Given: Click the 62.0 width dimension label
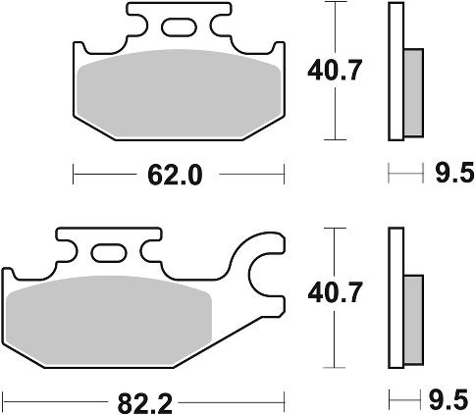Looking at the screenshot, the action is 175,175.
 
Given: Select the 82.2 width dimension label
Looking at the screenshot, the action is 145,403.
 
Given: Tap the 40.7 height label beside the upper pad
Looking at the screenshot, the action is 335,71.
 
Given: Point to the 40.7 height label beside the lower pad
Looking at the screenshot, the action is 335,292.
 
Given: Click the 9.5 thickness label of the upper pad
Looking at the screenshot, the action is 454,173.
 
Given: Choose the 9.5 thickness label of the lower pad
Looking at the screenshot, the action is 450,399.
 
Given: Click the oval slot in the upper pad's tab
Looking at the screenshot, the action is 179,27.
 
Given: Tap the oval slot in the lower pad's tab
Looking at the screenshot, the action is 109,253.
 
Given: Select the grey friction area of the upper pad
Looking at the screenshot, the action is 180,93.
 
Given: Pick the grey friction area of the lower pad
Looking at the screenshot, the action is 109,321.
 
